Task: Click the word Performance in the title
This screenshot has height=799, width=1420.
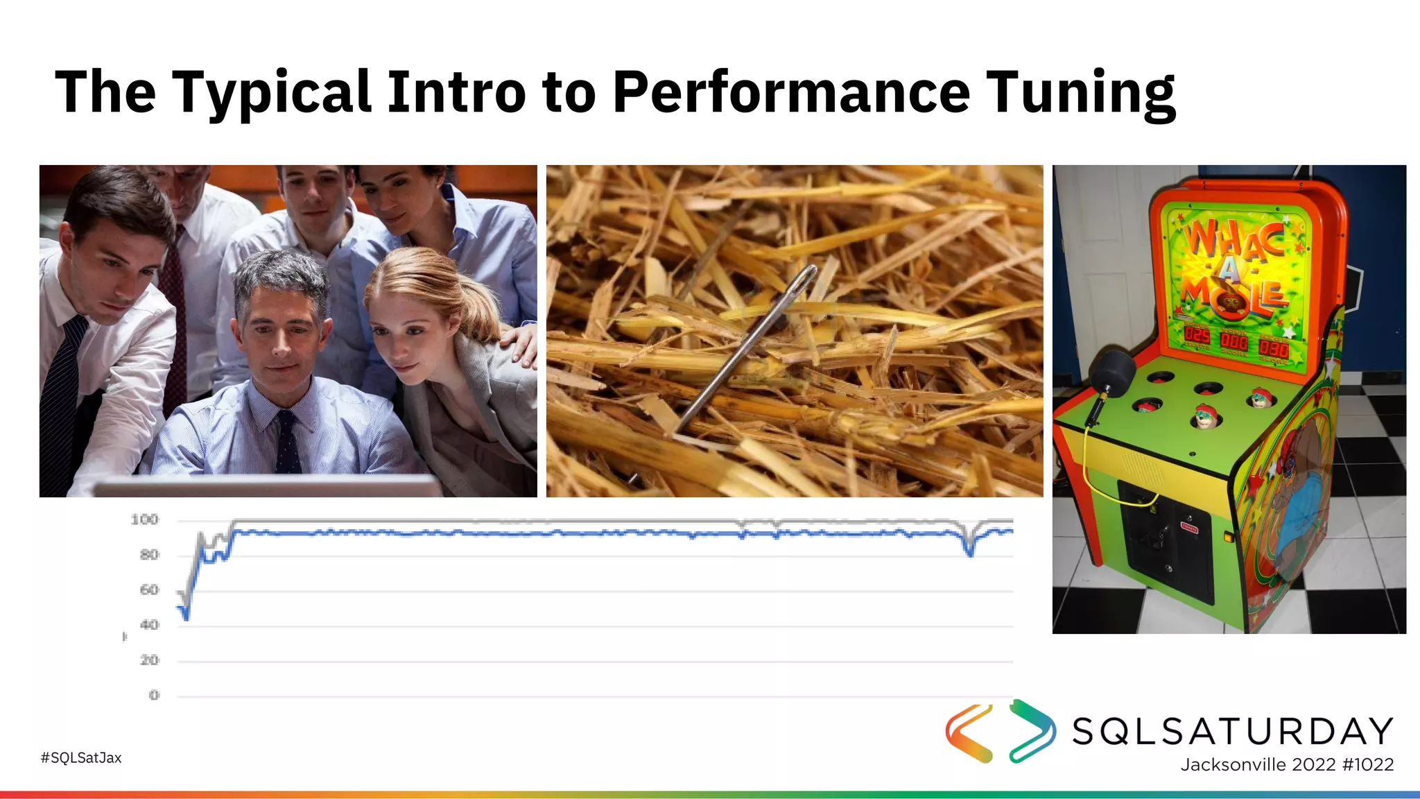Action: (x=790, y=92)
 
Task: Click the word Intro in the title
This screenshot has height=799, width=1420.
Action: (x=456, y=92)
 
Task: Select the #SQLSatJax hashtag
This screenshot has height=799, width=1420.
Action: (x=81, y=757)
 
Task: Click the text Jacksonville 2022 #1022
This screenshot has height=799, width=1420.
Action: (x=1287, y=764)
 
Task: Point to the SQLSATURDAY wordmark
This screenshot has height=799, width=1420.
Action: (x=1233, y=731)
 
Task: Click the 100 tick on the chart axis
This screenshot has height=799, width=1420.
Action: (x=144, y=519)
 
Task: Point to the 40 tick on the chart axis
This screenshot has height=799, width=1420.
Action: (x=149, y=625)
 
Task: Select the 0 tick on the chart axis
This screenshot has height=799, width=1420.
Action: (x=154, y=695)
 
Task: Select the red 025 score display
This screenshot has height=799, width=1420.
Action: (x=1197, y=336)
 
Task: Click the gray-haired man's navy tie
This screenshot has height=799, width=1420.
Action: (x=288, y=444)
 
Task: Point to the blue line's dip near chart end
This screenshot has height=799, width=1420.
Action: (x=969, y=552)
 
